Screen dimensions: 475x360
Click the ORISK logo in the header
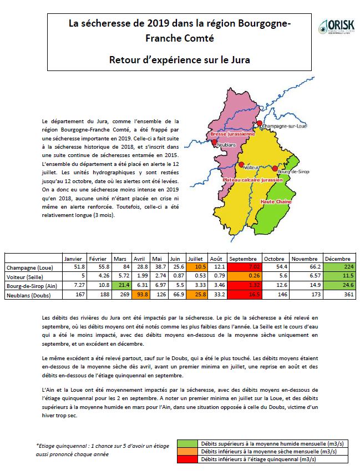click(335, 26)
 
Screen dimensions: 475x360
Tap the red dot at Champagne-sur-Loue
click(258, 123)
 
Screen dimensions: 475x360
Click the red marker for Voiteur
click(241, 164)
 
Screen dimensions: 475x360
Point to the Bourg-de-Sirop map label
click(293, 173)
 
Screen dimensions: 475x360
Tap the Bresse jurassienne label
click(231, 134)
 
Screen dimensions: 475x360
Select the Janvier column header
click(74, 259)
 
